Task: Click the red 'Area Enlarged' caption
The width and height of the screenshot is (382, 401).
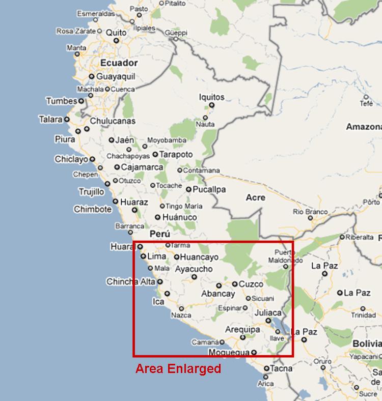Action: [x=178, y=368]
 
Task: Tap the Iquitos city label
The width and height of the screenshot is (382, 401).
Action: [x=212, y=97]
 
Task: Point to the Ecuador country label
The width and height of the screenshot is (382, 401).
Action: [x=119, y=63]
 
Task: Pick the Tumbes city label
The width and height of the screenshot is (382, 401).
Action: [x=61, y=101]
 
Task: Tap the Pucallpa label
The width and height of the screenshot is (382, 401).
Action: [x=209, y=189]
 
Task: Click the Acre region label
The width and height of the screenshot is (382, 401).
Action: [x=255, y=197]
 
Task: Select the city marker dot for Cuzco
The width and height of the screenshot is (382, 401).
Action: [x=235, y=284]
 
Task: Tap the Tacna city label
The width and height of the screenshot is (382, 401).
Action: [x=281, y=368]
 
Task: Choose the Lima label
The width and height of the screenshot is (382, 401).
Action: [x=156, y=256]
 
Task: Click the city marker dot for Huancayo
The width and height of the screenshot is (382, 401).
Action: [x=177, y=257]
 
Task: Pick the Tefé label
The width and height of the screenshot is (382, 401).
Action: [x=367, y=103]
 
